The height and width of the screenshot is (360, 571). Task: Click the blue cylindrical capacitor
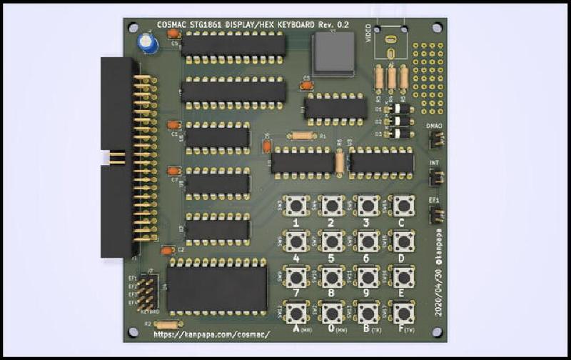(x=148, y=44)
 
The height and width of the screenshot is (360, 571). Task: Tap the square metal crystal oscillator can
(x=332, y=53)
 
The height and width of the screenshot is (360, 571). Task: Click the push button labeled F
(x=403, y=312)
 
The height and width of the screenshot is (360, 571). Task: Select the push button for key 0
(x=332, y=312)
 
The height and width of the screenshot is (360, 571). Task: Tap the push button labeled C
(x=403, y=206)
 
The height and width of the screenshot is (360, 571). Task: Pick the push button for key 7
(x=296, y=276)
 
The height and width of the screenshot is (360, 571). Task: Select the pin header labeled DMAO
(x=435, y=140)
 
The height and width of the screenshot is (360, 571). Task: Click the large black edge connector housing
(x=118, y=156)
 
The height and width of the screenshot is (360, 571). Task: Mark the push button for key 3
(x=368, y=206)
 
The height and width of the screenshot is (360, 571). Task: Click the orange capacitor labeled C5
(x=307, y=86)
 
